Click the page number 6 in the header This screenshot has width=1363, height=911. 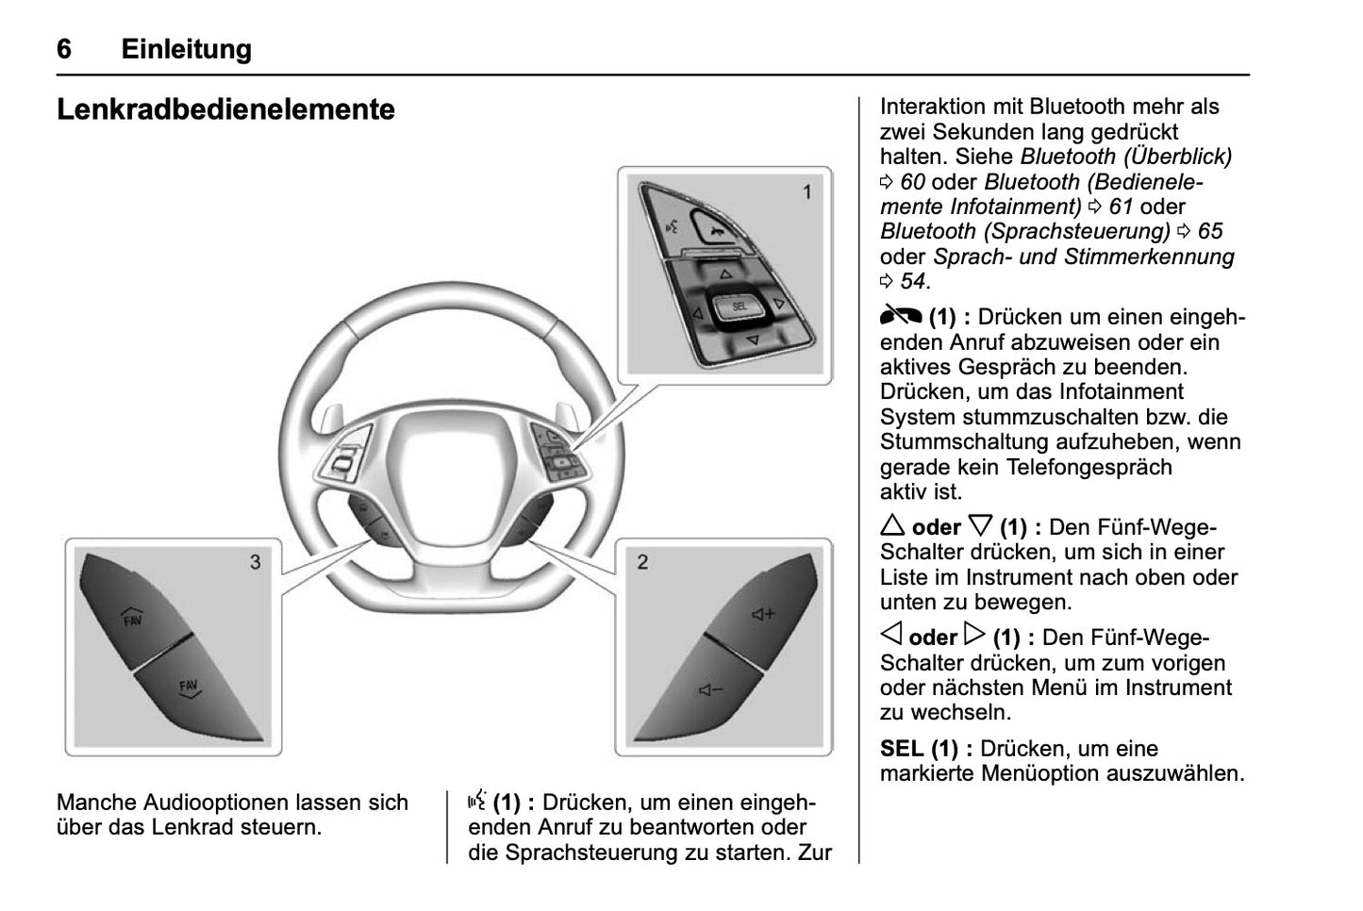coord(64,49)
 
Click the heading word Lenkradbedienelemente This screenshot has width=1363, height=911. coord(225,109)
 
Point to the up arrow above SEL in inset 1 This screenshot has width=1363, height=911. coord(725,274)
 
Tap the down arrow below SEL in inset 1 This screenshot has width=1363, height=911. coord(752,339)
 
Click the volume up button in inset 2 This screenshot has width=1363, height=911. coord(761,615)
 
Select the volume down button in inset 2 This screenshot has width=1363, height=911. coord(709,691)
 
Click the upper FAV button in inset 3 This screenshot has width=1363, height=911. coord(133,620)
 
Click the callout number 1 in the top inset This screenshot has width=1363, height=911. coord(806,192)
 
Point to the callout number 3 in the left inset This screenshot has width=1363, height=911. coord(255,562)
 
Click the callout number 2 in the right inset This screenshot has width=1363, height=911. coord(642,562)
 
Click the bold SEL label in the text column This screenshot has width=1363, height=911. coord(902,749)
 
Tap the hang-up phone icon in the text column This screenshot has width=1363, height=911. coord(900,317)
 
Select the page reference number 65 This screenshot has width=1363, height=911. coord(1210,231)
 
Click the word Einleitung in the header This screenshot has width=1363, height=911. coord(186,49)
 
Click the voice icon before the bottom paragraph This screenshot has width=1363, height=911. coord(477,803)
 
